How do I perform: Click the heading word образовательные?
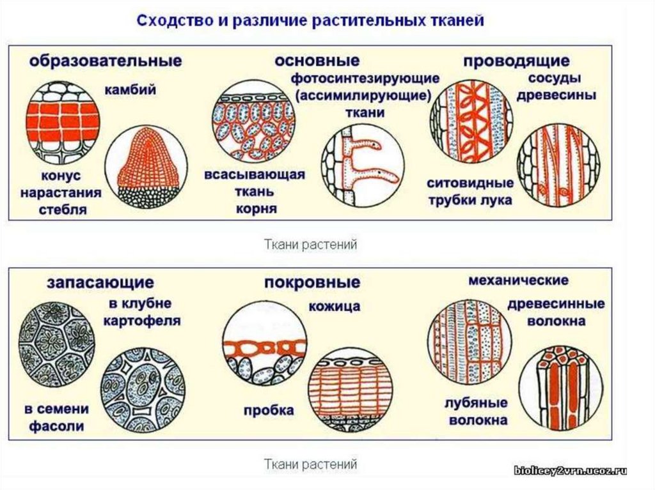[x=105, y=61]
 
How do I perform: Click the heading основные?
[x=317, y=61]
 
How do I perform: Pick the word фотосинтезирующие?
[x=365, y=79]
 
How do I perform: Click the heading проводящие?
[x=516, y=61]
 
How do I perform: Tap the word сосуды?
[x=555, y=79]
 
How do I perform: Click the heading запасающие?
[x=99, y=282]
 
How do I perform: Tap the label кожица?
[x=333, y=307]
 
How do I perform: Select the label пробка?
[x=269, y=410]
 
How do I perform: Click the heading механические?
[x=518, y=280]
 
